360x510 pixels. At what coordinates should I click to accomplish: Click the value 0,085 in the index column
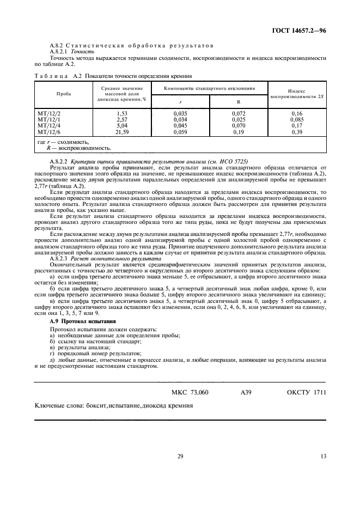pos(297,119)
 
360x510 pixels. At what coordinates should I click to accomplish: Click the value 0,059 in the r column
pos(180,132)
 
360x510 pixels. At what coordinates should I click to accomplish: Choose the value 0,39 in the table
pos(297,132)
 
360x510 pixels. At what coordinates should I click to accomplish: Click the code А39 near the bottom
pos(246,392)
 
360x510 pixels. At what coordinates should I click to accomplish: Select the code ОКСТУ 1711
pos(306,392)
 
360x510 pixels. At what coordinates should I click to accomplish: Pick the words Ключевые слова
pos(57,406)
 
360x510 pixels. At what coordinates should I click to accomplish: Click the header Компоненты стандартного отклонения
pos(209,88)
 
